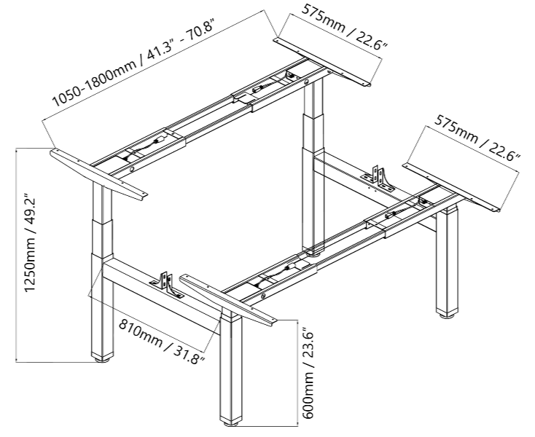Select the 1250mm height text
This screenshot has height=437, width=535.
click(x=31, y=264)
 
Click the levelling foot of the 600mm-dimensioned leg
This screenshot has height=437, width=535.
click(x=231, y=423)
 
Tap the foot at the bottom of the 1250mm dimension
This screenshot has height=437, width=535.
click(x=102, y=358)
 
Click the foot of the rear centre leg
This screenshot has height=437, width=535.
click(x=313, y=253)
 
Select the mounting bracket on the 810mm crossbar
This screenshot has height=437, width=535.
click(x=166, y=285)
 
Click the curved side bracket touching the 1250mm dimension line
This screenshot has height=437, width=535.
click(x=99, y=175)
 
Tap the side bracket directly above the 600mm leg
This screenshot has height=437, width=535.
click(x=229, y=300)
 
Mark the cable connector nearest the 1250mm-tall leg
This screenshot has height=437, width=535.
click(x=160, y=140)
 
